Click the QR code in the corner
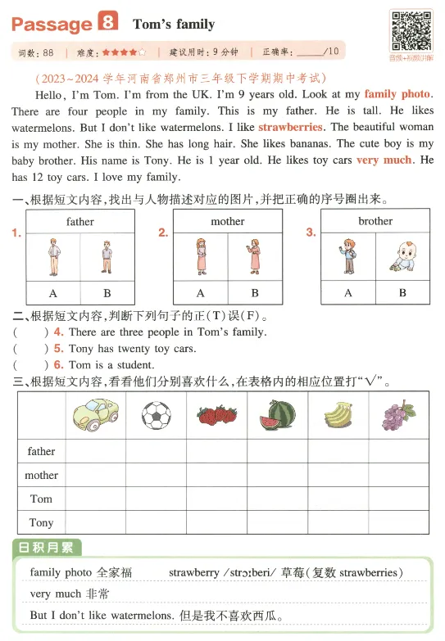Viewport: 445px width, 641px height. (x=410, y=31)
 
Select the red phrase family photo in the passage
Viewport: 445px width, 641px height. (x=397, y=94)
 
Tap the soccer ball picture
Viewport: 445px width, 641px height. (x=156, y=416)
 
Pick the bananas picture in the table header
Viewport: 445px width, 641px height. (x=338, y=415)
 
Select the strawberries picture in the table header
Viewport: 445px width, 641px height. (x=216, y=415)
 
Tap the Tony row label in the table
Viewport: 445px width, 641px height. (x=41, y=522)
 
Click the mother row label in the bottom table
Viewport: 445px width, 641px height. (x=41, y=475)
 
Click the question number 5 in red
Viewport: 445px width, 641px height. (x=58, y=349)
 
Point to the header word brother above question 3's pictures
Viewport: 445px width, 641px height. (x=375, y=221)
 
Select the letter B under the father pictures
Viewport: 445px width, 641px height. (x=107, y=293)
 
